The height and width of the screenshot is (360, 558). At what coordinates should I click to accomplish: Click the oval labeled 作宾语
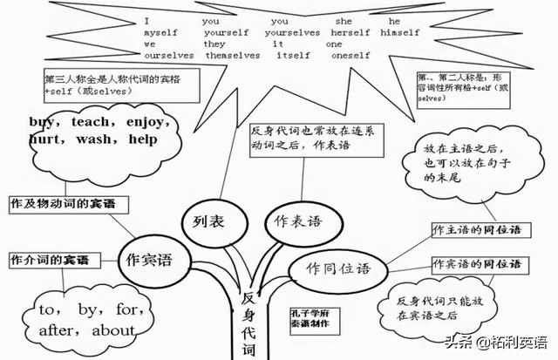(149, 259)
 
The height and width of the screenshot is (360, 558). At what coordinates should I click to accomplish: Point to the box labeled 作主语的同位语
(477, 229)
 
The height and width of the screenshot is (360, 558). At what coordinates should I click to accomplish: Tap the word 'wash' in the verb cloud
(97, 138)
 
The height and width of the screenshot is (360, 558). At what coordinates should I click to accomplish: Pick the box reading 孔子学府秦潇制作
(310, 317)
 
